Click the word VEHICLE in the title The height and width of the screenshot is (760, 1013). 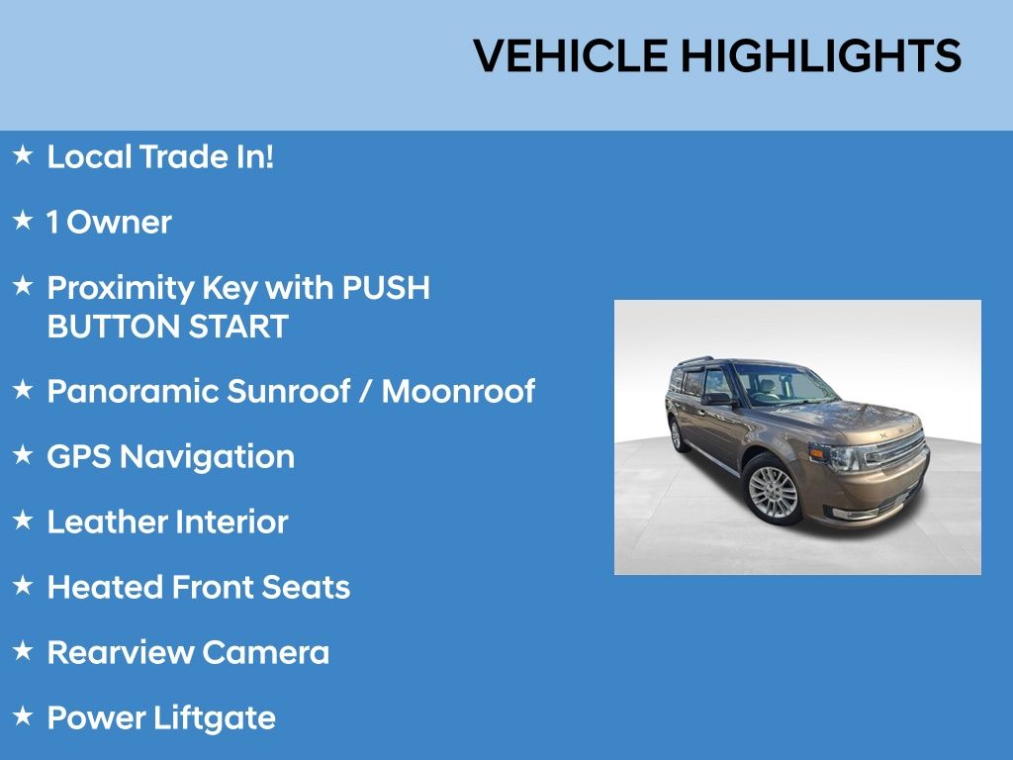tap(571, 55)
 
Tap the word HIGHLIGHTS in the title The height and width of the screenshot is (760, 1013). tap(821, 55)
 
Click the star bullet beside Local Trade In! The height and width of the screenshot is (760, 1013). tap(23, 155)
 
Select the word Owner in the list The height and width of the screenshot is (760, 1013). tap(120, 223)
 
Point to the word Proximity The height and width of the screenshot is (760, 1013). tap(121, 288)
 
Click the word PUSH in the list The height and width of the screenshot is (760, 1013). tap(386, 288)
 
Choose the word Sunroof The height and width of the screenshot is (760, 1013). tap(289, 391)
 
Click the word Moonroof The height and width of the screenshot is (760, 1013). tap(458, 391)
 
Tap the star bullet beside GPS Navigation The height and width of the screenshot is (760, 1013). tap(23, 454)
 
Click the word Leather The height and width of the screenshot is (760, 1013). tap(107, 522)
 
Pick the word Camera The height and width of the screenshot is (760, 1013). tap(265, 653)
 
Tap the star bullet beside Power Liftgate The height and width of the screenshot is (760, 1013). tap(23, 715)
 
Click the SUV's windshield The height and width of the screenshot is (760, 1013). tap(784, 386)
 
